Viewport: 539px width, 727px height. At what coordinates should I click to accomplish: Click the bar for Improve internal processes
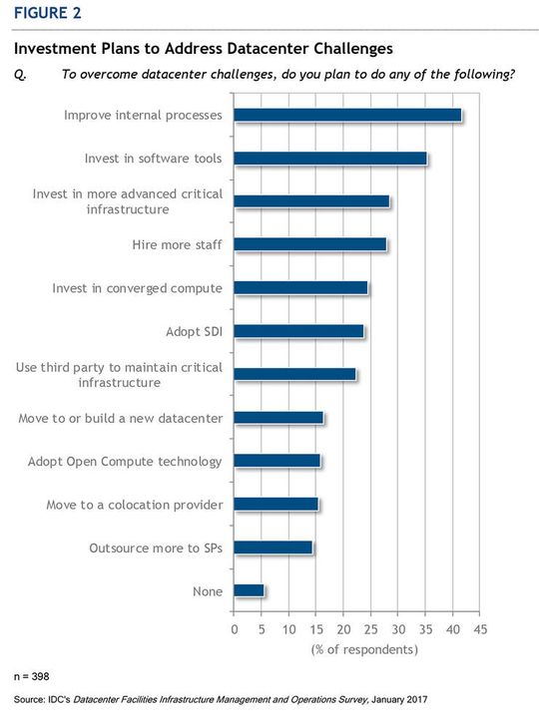(x=347, y=115)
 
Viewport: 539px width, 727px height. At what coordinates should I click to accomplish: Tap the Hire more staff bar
(x=309, y=244)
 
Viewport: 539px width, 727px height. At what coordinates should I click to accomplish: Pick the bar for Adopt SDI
(x=298, y=331)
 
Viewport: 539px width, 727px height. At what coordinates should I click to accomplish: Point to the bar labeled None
(x=249, y=590)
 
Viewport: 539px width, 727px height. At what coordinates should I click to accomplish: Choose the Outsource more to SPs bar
(x=272, y=547)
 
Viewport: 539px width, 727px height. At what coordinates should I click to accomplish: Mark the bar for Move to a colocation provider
(x=275, y=504)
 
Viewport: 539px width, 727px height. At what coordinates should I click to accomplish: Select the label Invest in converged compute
(x=137, y=288)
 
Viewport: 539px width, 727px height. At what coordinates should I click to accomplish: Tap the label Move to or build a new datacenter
(x=121, y=418)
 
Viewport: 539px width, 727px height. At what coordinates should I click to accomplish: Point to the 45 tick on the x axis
(x=480, y=629)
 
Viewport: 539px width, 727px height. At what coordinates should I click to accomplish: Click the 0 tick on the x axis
(x=235, y=629)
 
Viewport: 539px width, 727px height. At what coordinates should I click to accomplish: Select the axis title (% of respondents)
(x=356, y=649)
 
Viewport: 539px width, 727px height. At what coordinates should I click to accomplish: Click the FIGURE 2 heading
(x=47, y=13)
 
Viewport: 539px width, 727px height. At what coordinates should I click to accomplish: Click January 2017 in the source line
(x=398, y=700)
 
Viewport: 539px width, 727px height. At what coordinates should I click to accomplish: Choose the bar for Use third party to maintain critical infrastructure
(x=295, y=374)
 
